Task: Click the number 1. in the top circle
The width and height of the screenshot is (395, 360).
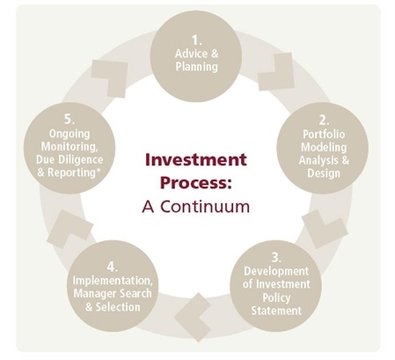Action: (x=196, y=40)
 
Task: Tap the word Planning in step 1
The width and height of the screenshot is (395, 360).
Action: (x=197, y=67)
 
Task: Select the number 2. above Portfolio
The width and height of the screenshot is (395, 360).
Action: (x=324, y=121)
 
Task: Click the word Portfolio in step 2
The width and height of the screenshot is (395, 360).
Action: (x=324, y=134)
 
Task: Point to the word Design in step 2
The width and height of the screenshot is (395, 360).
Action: (x=324, y=173)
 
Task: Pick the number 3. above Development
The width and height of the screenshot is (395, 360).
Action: (x=276, y=257)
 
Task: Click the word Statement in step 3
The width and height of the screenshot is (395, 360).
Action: (x=276, y=311)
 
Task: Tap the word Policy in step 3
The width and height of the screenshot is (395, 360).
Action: (x=276, y=298)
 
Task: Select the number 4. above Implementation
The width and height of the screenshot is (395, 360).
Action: (x=113, y=267)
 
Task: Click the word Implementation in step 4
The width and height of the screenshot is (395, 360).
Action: (x=113, y=281)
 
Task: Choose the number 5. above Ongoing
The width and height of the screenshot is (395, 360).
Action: (x=69, y=120)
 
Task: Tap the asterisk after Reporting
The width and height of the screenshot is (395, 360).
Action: (x=98, y=170)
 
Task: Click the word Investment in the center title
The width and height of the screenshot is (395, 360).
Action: (x=196, y=160)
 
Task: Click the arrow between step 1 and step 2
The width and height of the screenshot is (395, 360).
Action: (x=276, y=71)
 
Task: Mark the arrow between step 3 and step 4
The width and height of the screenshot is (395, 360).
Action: (x=193, y=317)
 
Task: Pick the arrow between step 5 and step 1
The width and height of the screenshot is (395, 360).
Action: (x=110, y=78)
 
